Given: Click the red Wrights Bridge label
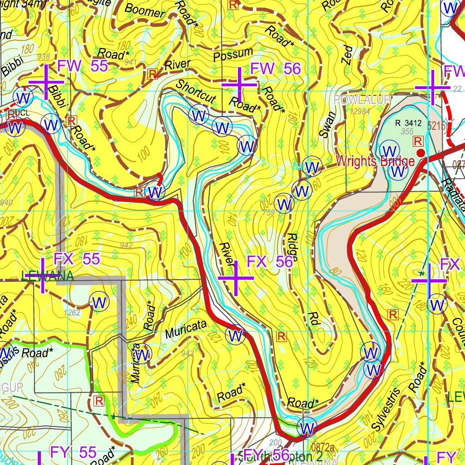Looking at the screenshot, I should (375, 161).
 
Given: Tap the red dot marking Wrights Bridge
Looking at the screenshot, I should (420, 153).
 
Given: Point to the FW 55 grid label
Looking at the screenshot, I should (82, 66).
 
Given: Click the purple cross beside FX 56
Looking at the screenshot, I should (236, 278).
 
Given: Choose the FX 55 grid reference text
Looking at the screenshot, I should (77, 259).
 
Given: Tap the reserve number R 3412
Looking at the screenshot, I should (409, 123).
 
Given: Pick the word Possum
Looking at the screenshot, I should (232, 54).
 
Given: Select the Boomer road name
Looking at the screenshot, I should (144, 10).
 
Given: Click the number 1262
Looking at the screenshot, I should (72, 312).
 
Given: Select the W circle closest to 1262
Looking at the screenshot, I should (99, 302).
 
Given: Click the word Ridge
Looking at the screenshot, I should (292, 248).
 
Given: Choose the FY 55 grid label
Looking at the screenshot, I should (73, 452).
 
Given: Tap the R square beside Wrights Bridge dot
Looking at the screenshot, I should (417, 141).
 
